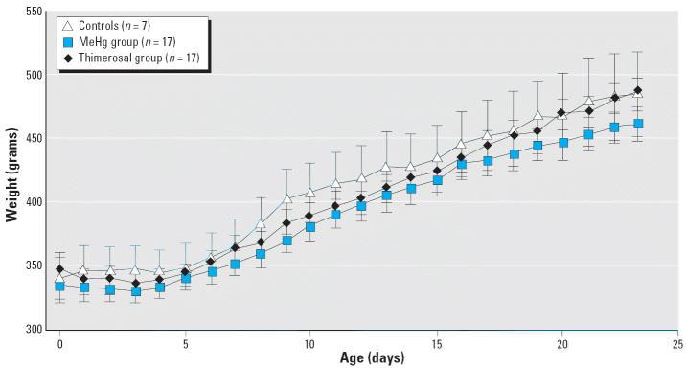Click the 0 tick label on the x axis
coord(59,342)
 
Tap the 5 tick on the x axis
coord(184,342)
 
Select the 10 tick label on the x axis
coord(309,342)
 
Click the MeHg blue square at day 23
coord(638,124)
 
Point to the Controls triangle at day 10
coord(309,193)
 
